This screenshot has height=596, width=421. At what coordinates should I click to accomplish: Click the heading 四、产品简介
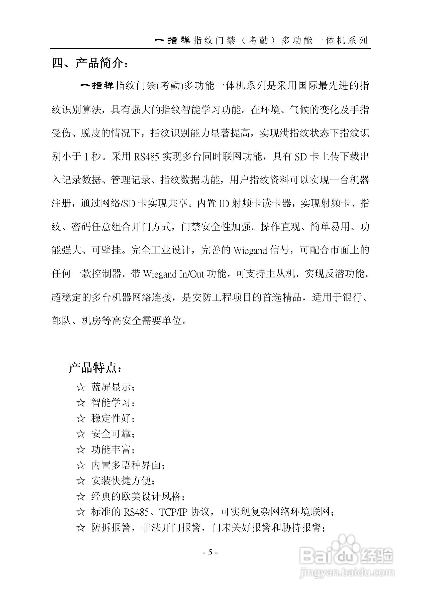[x=90, y=63]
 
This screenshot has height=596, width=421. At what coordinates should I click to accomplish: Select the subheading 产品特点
[x=94, y=368]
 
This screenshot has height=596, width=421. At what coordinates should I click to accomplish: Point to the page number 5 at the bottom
[x=210, y=552]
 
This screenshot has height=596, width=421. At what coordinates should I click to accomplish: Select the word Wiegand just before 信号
[x=250, y=250]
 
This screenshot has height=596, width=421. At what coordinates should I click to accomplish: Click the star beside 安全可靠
[x=81, y=434]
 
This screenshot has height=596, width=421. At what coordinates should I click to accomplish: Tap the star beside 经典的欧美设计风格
[x=81, y=496]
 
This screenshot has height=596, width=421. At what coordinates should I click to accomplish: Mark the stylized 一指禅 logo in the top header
[x=172, y=40]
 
